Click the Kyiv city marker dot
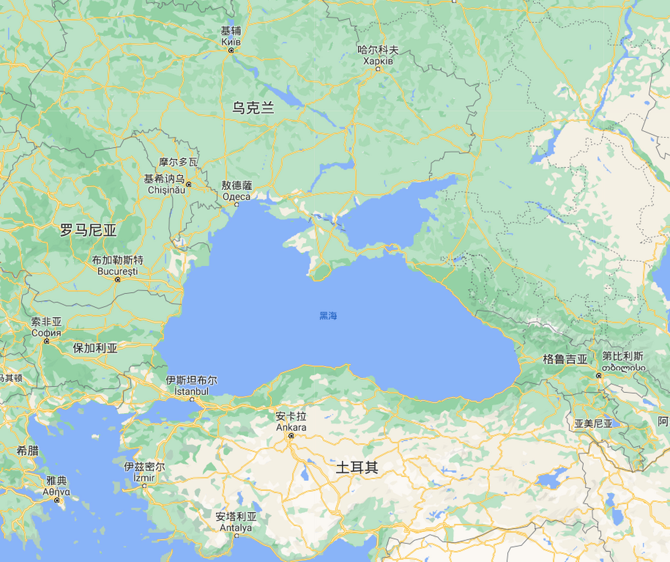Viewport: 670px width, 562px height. (231, 50)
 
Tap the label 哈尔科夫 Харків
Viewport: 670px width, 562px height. (378, 56)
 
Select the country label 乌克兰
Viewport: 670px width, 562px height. (253, 108)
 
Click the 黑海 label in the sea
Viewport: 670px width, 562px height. (328, 316)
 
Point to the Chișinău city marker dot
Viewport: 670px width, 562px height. (189, 184)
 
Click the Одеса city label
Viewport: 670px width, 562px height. (236, 196)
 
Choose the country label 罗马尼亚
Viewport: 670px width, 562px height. (88, 230)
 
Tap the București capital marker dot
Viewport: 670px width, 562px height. (117, 280)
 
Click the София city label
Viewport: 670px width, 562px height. (46, 333)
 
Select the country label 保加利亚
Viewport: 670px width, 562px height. (95, 348)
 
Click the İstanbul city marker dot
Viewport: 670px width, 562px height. (192, 399)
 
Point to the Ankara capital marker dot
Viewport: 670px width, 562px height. (291, 436)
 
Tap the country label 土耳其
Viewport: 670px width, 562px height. (357, 468)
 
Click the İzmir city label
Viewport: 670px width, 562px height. (144, 477)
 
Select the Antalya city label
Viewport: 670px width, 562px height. (236, 527)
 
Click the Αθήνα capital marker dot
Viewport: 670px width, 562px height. (57, 500)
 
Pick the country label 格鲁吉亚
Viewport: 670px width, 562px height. (565, 359)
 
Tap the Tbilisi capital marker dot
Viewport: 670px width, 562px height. (599, 375)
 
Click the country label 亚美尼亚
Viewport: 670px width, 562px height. (593, 424)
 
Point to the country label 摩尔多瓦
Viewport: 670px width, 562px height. (178, 162)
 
